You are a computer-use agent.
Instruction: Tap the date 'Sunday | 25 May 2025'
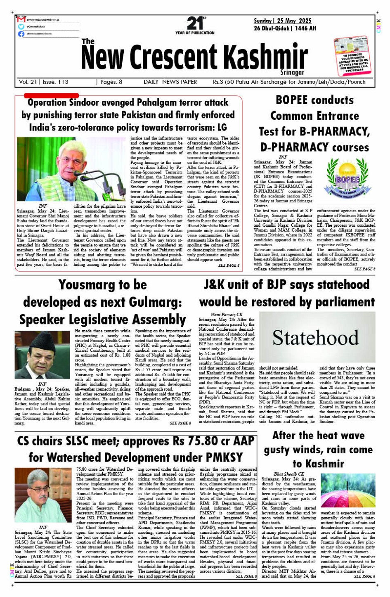click(283, 21)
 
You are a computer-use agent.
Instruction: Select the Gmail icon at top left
click(21, 19)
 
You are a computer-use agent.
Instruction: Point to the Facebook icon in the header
click(21, 34)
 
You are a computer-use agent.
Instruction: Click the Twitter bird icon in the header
click(21, 27)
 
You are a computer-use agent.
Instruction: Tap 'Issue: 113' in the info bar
click(56, 82)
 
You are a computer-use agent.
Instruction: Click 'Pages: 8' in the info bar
click(109, 82)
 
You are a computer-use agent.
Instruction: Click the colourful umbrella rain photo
click(347, 490)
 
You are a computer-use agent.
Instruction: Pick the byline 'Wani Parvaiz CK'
click(227, 315)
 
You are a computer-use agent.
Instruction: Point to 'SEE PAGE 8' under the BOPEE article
click(364, 269)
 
